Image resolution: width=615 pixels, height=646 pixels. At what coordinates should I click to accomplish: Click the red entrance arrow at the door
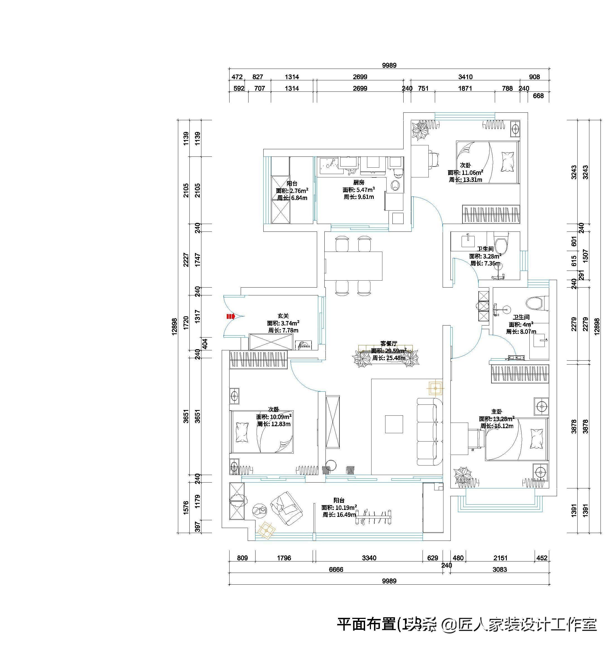pos(231,316)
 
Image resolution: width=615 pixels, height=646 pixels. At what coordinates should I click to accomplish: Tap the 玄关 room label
pos(283,316)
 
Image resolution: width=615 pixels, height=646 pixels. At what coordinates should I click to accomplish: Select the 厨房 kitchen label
pos(359,182)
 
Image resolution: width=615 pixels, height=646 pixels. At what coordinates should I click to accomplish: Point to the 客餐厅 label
pos(389,343)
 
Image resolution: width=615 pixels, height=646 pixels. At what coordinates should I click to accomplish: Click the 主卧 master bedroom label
pos(497,411)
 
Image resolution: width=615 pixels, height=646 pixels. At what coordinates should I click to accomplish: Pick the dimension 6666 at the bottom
pos(336,570)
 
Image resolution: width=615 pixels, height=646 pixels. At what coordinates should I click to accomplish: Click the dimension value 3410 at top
pos(465,77)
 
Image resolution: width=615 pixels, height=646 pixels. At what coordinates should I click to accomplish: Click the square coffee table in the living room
pos(394,424)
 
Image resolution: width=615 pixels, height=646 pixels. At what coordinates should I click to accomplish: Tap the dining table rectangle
pos(353,266)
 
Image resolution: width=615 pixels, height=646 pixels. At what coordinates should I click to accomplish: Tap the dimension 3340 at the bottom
pos(369,558)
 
